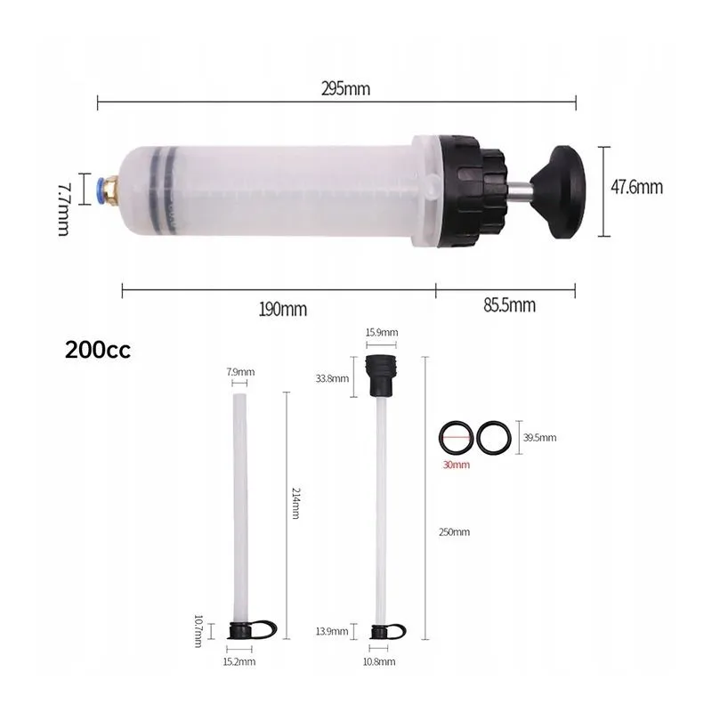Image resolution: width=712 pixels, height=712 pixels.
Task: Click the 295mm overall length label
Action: point(345,88)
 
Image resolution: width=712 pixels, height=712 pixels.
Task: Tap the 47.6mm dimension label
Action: point(636,187)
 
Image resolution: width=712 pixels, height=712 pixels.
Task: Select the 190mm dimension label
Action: point(282,310)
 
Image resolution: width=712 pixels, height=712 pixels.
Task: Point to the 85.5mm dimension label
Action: point(509,305)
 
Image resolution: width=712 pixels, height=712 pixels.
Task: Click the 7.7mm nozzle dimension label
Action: point(63,209)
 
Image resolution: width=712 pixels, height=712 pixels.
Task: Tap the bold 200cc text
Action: point(98,350)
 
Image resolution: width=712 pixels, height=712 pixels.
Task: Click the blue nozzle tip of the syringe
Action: point(101,188)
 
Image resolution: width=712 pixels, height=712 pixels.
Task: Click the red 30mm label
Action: point(457,465)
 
